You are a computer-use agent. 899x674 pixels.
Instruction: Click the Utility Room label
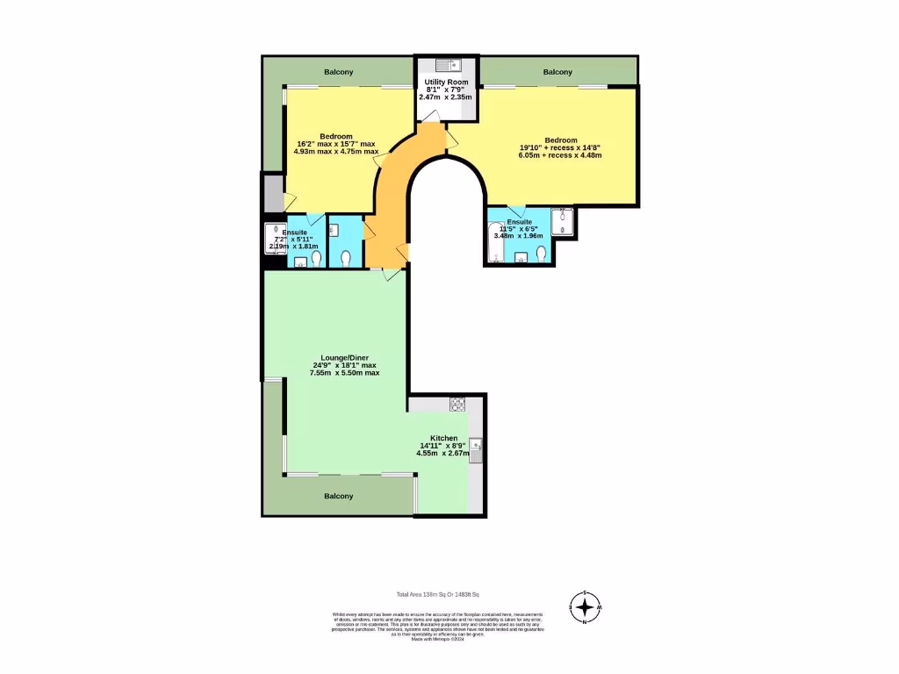tap(446, 82)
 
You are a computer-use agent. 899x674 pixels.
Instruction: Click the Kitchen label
tap(443, 438)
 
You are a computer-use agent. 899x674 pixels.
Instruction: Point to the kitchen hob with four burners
tap(457, 405)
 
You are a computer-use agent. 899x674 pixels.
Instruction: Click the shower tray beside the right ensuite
tap(562, 224)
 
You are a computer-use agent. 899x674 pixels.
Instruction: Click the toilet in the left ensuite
tap(346, 258)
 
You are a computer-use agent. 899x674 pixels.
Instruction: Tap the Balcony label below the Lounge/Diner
tap(339, 497)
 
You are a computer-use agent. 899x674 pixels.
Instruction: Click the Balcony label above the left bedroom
tap(338, 72)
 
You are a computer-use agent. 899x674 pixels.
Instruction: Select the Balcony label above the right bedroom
tap(557, 72)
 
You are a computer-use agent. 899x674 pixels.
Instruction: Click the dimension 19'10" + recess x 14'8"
tap(561, 147)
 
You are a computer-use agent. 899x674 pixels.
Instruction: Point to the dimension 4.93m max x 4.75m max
tap(336, 152)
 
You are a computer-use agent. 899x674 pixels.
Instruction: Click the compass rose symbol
tap(585, 606)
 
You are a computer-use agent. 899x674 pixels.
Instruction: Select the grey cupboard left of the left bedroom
tap(272, 192)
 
